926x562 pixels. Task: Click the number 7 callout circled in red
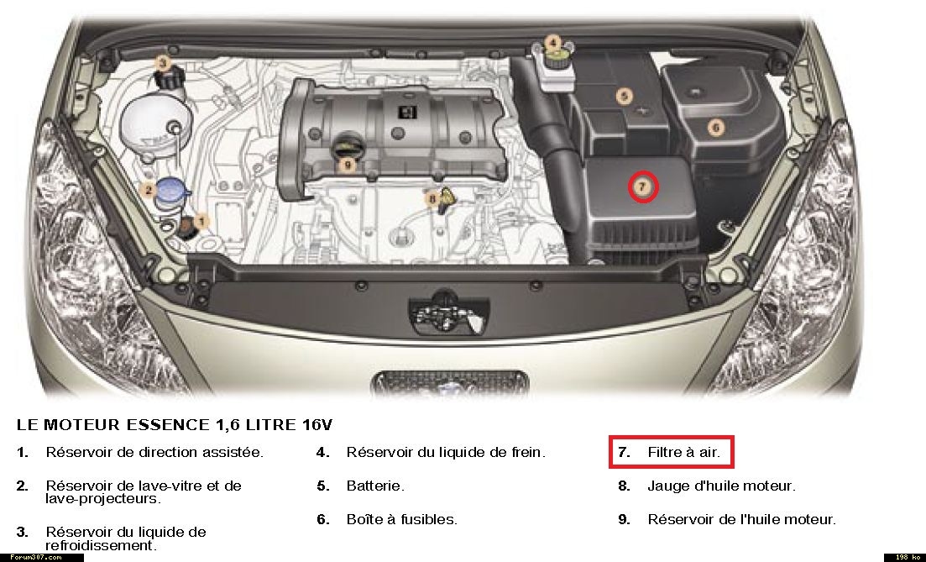pos(642,186)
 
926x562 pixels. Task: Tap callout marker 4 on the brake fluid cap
pos(552,43)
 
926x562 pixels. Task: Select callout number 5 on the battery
pos(625,96)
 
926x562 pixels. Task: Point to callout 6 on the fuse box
pos(716,127)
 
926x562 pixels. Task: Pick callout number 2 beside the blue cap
pos(149,190)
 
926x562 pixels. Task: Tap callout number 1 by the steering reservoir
pos(201,222)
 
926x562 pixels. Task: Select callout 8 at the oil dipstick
pos(433,198)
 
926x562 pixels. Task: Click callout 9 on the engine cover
pos(348,165)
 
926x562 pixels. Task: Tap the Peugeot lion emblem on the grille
pos(450,388)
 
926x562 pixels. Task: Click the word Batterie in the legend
pos(375,486)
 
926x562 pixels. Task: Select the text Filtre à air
pos(684,452)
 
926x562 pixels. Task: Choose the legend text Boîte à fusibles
pos(401,519)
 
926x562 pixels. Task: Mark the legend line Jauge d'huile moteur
pos(722,486)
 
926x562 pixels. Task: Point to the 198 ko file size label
pos(904,557)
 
